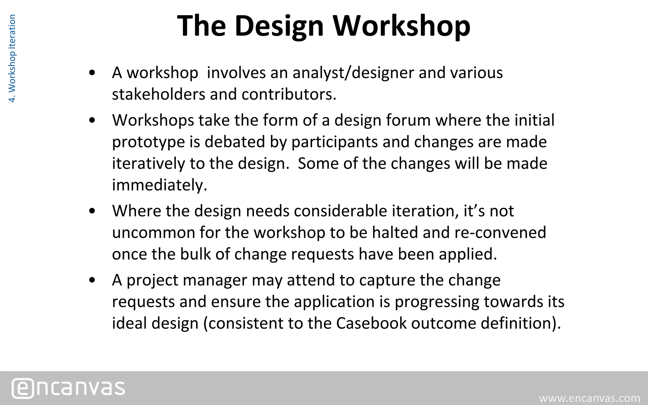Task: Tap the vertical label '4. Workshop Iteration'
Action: [x=12, y=59]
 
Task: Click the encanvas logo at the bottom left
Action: [x=68, y=388]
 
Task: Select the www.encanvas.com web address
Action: [x=589, y=398]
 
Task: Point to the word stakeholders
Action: [x=159, y=94]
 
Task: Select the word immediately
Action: [x=159, y=185]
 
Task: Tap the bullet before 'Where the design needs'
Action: [x=92, y=211]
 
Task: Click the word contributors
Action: [x=289, y=94]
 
